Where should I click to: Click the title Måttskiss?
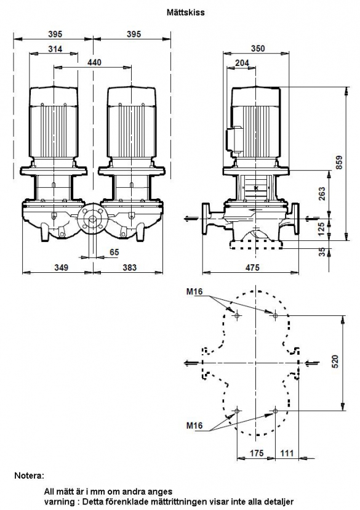(x=185, y=12)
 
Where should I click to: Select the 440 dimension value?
(x=94, y=62)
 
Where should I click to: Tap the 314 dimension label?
(x=55, y=49)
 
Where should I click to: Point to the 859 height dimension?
(x=339, y=163)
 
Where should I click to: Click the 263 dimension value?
(x=322, y=193)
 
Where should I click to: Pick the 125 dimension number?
(x=321, y=229)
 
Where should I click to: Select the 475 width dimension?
(x=252, y=267)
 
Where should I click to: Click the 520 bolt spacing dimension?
(x=335, y=362)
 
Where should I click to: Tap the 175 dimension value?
(x=257, y=453)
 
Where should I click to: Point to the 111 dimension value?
(x=287, y=453)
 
